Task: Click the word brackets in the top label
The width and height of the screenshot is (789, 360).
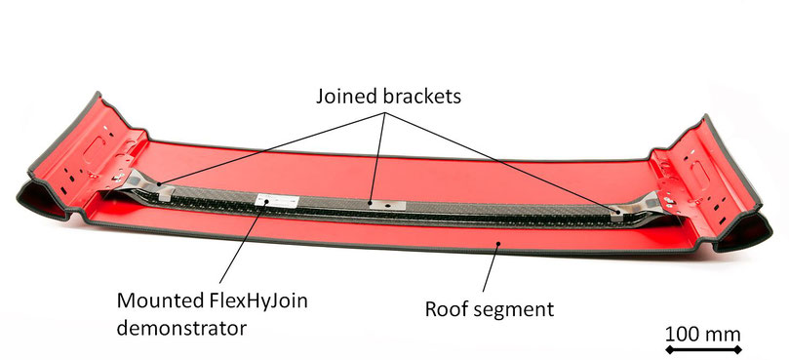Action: pos(422,97)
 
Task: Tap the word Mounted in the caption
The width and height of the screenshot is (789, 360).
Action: pos(152,301)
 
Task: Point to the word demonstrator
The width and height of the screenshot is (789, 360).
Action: pos(181,328)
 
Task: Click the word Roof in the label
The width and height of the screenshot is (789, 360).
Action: pos(445,308)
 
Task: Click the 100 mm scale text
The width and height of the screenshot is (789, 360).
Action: pos(703,335)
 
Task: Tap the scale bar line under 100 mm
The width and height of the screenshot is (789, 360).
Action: pos(703,349)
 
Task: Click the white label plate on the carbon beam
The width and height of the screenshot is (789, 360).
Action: pos(277,201)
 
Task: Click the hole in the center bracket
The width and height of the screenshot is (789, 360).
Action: pos(388,205)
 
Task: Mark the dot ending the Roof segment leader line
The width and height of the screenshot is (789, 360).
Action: pos(498,244)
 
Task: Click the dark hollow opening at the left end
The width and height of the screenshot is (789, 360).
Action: pos(40,199)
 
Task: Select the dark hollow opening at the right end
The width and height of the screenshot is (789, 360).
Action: pos(746,232)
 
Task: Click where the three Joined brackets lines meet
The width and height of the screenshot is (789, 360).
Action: pos(385,115)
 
